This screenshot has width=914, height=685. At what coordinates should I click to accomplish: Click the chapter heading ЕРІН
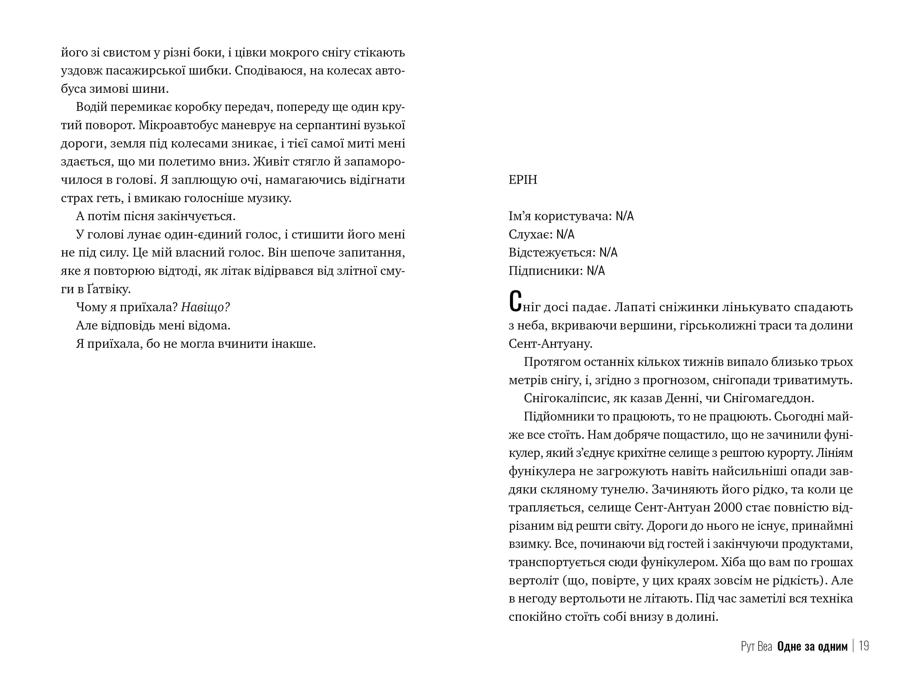point(523,180)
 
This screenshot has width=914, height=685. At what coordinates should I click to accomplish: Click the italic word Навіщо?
point(205,307)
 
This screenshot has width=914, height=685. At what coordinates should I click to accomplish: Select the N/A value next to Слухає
point(565,235)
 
